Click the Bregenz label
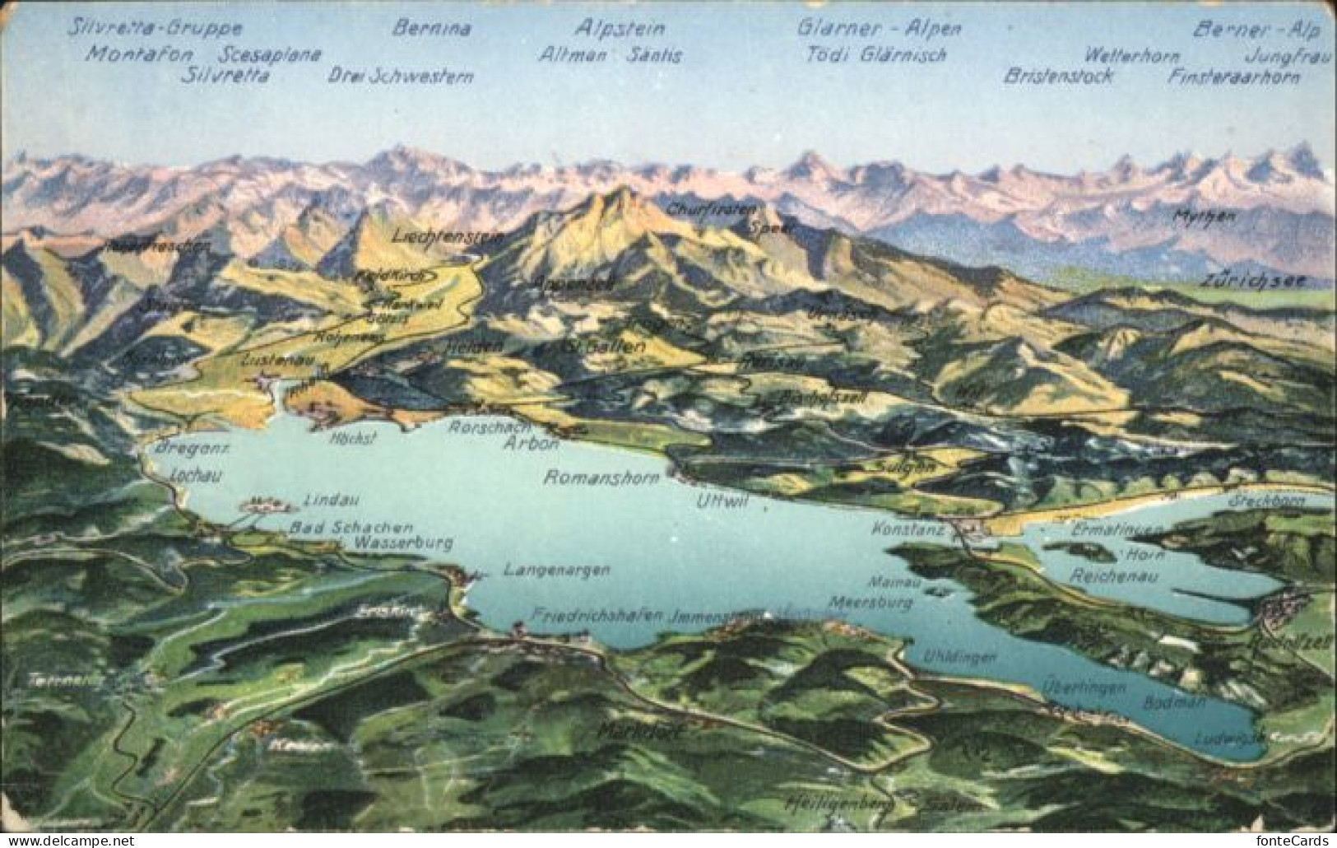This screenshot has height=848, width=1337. (191, 448)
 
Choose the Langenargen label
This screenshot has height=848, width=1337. (556, 570)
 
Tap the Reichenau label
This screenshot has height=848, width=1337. (1113, 575)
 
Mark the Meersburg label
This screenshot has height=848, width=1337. (870, 603)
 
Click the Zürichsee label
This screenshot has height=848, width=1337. (1252, 280)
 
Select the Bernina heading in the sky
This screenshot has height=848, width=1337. (431, 29)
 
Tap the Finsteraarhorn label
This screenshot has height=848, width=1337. (1233, 77)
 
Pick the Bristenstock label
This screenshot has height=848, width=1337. (1058, 77)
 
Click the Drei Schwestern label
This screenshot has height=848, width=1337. (401, 77)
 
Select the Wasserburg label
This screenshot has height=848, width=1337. (403, 543)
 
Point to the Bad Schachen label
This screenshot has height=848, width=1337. (350, 527)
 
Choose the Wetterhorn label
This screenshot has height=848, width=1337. (1131, 56)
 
